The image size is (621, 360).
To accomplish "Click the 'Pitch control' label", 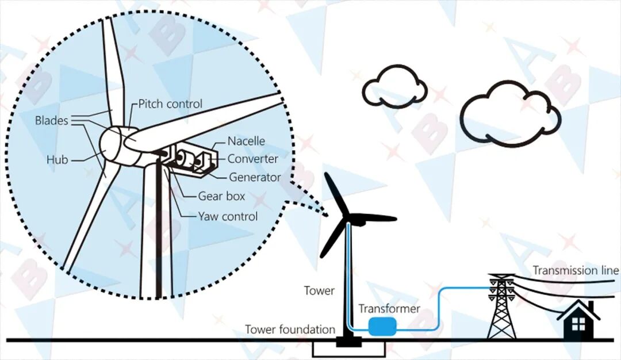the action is [170, 104].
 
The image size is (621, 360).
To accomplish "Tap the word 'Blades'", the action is [52, 120].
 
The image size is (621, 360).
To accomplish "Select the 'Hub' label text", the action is [57, 160].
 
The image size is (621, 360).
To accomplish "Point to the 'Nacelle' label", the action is [246, 141].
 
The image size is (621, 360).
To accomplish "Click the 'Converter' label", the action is [252, 159].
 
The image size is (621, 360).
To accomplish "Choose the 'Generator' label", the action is [255, 177].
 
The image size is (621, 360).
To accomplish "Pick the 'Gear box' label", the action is [221, 196].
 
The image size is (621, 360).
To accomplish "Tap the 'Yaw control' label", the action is [228, 216].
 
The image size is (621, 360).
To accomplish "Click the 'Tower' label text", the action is [319, 290].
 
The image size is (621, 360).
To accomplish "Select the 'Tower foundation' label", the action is [290, 330].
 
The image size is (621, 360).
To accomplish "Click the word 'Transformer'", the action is [389, 308].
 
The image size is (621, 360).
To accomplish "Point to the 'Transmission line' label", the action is [576, 270].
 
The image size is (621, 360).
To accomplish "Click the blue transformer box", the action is [382, 326].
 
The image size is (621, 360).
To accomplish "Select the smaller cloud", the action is [394, 86].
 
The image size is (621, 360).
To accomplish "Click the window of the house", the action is [578, 324].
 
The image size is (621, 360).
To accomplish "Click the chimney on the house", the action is [591, 306].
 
